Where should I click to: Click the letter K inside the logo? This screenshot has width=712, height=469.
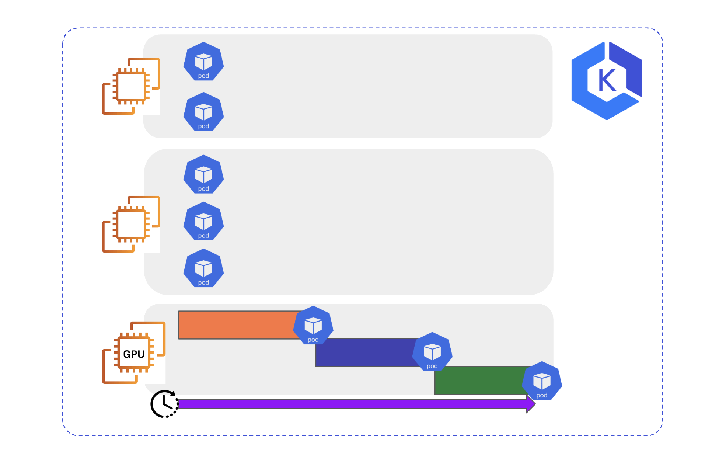pyautogui.click(x=607, y=80)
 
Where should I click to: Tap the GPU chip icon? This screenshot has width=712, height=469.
pyautogui.click(x=133, y=353)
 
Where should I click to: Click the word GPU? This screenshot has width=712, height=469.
pyautogui.click(x=133, y=354)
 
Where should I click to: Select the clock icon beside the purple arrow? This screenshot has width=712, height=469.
pyautogui.click(x=164, y=404)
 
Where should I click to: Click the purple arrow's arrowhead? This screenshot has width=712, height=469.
pyautogui.click(x=531, y=404)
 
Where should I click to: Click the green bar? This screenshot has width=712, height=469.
pyautogui.click(x=479, y=381)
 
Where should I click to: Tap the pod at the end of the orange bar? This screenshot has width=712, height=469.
pyautogui.click(x=313, y=326)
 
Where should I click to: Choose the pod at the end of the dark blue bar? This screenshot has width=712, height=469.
pyautogui.click(x=432, y=352)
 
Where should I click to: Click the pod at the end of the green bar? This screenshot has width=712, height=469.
pyautogui.click(x=542, y=381)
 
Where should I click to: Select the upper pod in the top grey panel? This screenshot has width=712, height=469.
pyautogui.click(x=203, y=62)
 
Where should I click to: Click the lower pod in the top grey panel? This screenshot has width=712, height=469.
pyautogui.click(x=203, y=112)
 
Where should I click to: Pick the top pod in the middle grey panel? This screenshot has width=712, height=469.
pyautogui.click(x=203, y=174)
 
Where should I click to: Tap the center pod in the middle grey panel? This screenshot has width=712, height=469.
pyautogui.click(x=203, y=221)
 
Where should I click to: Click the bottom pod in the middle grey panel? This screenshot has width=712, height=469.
pyautogui.click(x=203, y=268)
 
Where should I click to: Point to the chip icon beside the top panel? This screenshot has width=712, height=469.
pyautogui.click(x=131, y=86)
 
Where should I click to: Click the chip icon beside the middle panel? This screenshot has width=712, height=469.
pyautogui.click(x=131, y=224)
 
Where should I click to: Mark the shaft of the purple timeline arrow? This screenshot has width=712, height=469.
pyautogui.click(x=350, y=404)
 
